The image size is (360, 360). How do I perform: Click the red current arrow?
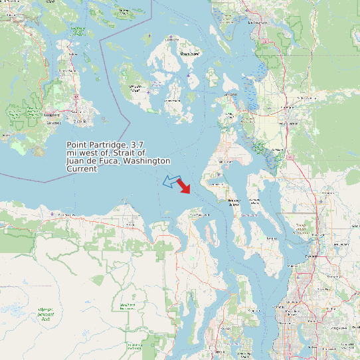(x=184, y=186)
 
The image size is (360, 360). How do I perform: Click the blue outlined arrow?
(x=171, y=181)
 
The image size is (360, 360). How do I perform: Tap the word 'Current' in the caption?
(x=82, y=169)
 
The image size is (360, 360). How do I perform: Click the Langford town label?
(x=51, y=114)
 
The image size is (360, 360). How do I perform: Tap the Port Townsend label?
(x=199, y=215)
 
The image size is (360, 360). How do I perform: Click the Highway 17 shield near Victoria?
(x=76, y=96)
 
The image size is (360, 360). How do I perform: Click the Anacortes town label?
(x=230, y=95)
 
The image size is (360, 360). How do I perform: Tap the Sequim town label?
(x=129, y=225)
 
